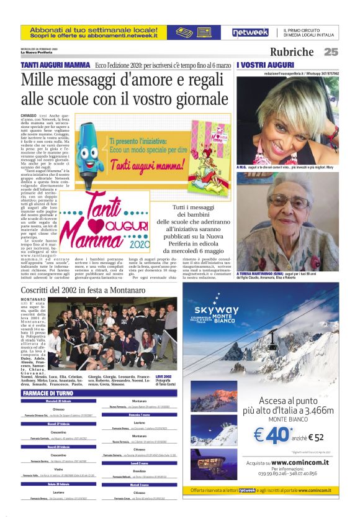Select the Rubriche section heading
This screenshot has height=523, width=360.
[292, 52]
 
